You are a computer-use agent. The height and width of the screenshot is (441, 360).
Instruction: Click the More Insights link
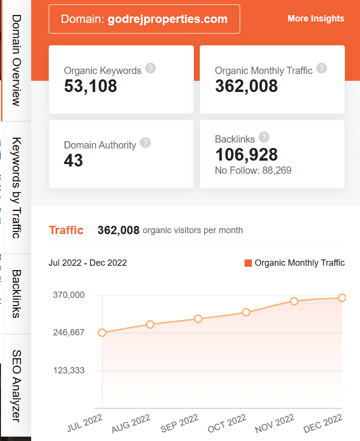point(316,18)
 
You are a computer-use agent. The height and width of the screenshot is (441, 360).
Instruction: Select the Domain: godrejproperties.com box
point(144,19)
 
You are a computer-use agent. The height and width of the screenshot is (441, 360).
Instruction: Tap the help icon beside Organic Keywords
point(151,68)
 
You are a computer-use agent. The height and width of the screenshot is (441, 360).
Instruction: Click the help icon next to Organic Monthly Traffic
point(322,68)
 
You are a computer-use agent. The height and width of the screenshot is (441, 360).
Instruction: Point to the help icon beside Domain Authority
point(145,143)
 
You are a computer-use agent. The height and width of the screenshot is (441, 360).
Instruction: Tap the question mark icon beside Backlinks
point(264,137)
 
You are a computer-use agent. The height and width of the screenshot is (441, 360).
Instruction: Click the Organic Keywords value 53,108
point(91,86)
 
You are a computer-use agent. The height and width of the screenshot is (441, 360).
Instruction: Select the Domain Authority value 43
point(74,160)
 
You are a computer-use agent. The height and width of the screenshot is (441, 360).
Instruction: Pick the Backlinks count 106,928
point(246,155)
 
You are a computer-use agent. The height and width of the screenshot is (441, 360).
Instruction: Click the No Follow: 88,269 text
point(253,170)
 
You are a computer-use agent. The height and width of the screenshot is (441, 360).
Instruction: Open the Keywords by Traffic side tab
point(16,188)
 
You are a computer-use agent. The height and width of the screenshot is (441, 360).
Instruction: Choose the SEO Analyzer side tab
point(16,386)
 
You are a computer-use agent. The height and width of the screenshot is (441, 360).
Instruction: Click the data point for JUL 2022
point(102,332)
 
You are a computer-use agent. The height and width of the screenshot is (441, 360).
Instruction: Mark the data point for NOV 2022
point(294,301)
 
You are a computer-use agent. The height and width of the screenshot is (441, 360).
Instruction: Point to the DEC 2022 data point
point(342,298)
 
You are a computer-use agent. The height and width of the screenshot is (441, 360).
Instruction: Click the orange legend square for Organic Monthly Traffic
point(248,263)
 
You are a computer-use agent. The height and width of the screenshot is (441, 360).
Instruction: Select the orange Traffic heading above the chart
point(66,230)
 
